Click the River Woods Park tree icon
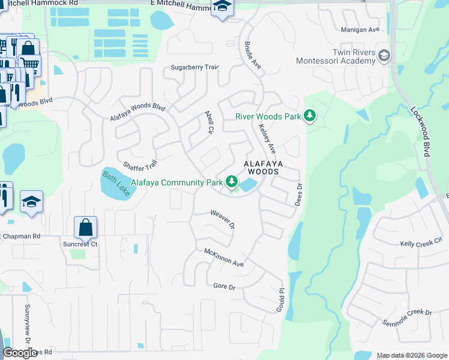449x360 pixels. point(309,115)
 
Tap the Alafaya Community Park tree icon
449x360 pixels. point(231,181)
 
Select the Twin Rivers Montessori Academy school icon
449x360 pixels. point(384,56)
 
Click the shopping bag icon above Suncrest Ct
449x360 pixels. point(86,227)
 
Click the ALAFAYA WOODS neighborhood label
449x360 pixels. point(261,167)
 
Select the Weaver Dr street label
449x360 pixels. point(222,219)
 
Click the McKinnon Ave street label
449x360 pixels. point(224,258)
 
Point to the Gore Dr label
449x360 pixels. point(224,286)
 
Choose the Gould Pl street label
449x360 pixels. point(280,298)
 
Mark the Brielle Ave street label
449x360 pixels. point(253,54)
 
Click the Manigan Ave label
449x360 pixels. point(360,29)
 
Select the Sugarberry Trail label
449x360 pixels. point(194,67)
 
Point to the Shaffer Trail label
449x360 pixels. point(140,164)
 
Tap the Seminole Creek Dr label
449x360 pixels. point(407,318)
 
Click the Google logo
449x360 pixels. point(20,353)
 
